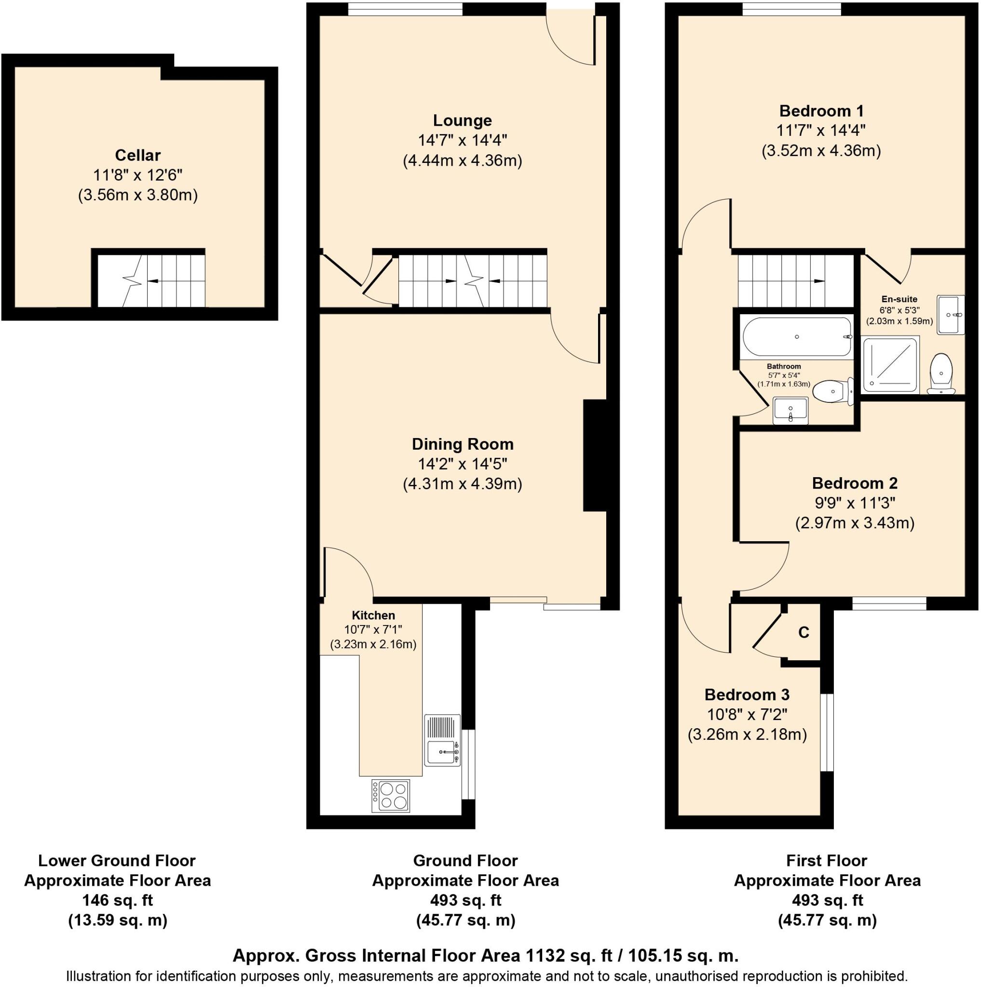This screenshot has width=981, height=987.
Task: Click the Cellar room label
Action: (137, 155)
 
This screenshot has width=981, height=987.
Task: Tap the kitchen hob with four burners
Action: (391, 795)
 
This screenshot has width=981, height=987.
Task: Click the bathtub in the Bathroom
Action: (796, 337)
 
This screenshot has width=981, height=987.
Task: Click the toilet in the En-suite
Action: (941, 373)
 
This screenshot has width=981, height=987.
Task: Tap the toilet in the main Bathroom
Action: (832, 392)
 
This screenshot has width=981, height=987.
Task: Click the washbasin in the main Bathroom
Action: (790, 410)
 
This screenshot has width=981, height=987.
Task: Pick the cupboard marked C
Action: (803, 632)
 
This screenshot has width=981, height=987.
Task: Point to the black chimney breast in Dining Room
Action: (595, 455)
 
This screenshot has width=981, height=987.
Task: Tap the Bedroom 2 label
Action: (854, 483)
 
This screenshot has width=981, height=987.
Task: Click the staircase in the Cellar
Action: (151, 280)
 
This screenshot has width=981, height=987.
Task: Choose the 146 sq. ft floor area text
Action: (118, 900)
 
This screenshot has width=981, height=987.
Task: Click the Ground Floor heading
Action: (465, 861)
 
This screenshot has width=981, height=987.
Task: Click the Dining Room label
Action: (462, 444)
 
